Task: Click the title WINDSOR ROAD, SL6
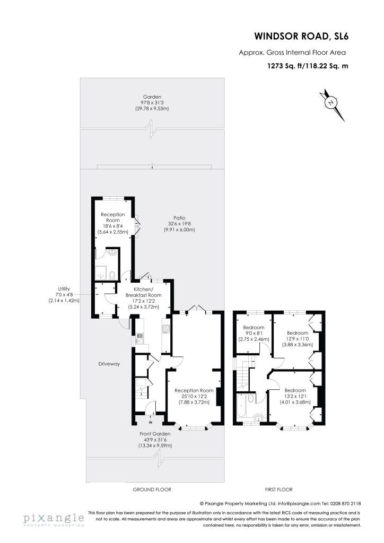coord(301,36)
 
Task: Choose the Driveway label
coord(109,364)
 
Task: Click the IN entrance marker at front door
coord(150,423)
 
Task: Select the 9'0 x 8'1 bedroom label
coord(254,334)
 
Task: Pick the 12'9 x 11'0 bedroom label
coord(298,339)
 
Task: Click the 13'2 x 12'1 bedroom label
coord(295,396)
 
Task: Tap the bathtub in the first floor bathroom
coord(242,406)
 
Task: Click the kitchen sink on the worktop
coord(139,338)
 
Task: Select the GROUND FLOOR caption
coord(152,489)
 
